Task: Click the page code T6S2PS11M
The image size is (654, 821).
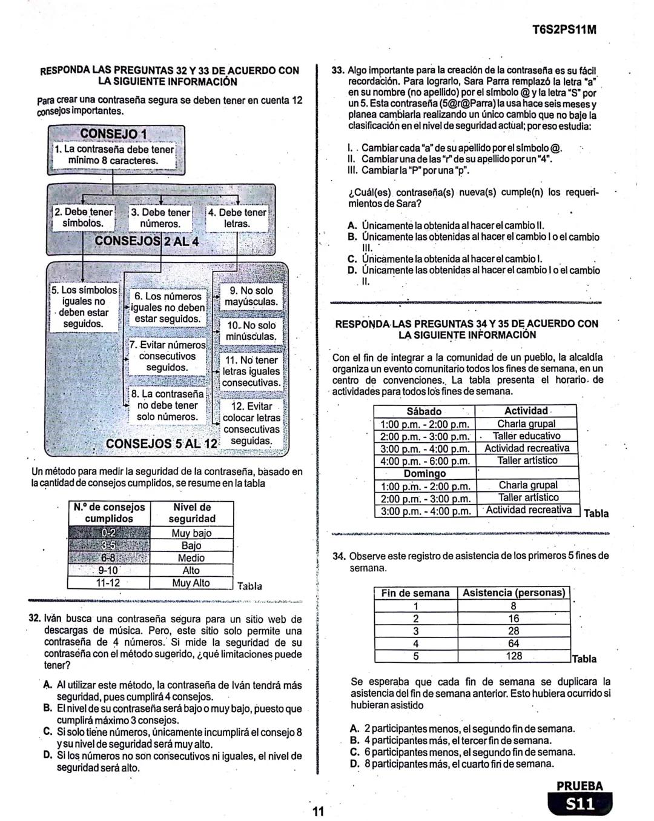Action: [x=562, y=28]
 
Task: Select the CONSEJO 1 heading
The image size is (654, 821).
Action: [x=114, y=133]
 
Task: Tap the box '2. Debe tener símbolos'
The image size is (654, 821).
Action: [x=84, y=218]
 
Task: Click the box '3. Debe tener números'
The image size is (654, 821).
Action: [x=160, y=218]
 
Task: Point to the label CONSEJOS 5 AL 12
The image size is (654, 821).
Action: [x=161, y=444]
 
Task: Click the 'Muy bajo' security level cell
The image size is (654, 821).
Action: [x=191, y=533]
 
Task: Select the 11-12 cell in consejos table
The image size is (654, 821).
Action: [x=108, y=583]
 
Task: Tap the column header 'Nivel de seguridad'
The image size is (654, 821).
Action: [x=191, y=513]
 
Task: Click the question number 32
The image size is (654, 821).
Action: [x=35, y=619]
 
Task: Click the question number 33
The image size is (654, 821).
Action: [x=338, y=70]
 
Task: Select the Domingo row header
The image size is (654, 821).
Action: [x=424, y=473]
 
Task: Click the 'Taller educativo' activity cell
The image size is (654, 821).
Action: [x=526, y=436]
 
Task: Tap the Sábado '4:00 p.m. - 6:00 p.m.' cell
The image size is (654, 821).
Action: [x=425, y=460]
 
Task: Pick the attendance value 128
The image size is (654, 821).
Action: [x=514, y=656]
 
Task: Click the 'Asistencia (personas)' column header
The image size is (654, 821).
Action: [x=514, y=593]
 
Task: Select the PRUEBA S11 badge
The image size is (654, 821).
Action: [x=580, y=797]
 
